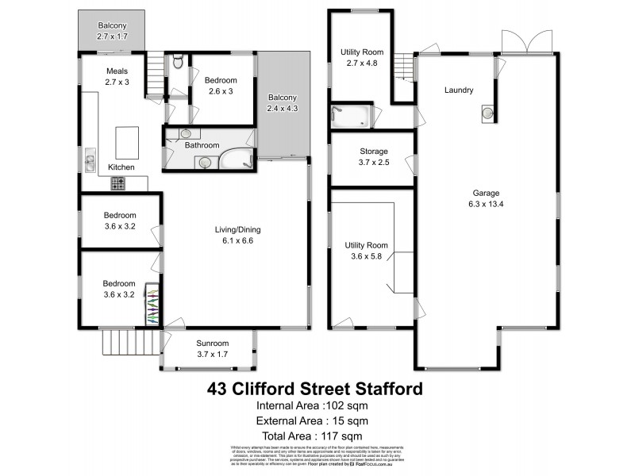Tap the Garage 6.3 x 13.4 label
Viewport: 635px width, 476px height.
point(485,198)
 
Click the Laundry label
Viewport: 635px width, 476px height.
point(458,90)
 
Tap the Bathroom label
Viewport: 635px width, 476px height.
point(202,145)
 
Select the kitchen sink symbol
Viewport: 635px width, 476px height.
point(90,163)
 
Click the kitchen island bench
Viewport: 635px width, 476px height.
point(127,142)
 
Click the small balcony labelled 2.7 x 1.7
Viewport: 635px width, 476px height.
point(112,30)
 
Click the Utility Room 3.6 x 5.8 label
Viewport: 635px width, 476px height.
point(366,251)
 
